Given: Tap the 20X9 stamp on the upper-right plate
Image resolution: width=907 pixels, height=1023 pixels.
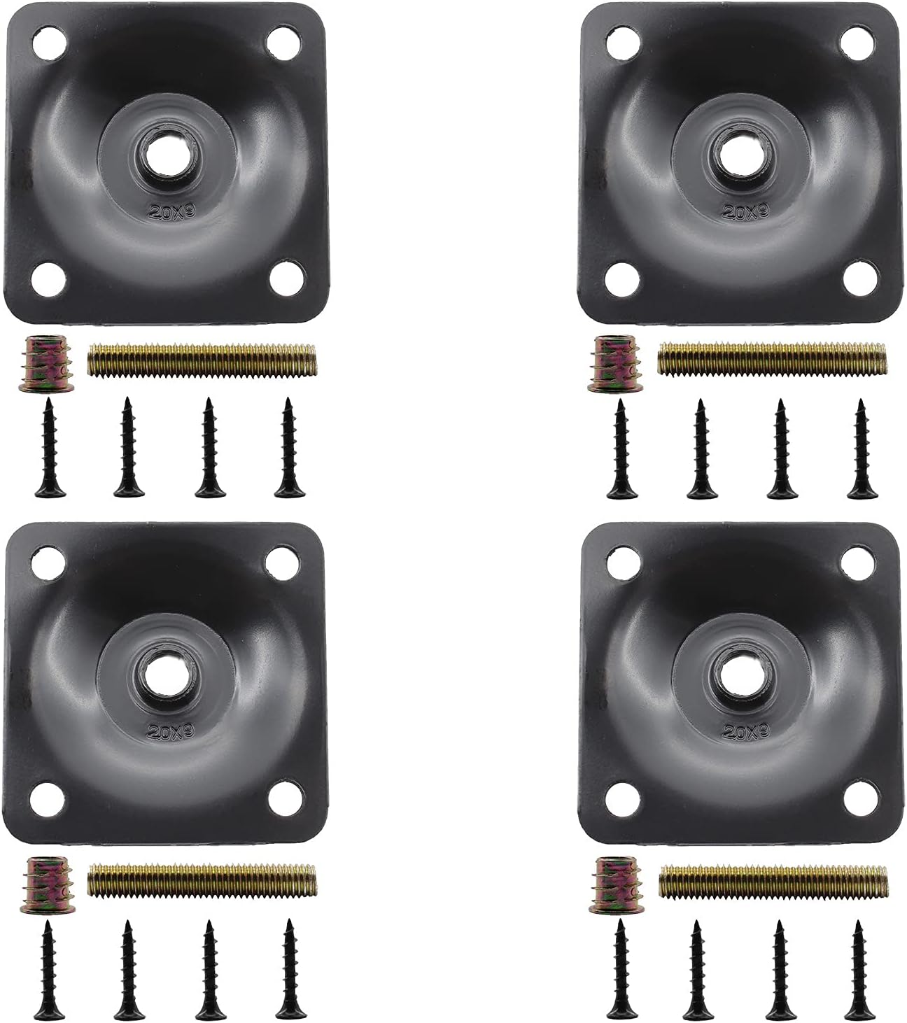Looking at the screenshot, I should coord(738,209).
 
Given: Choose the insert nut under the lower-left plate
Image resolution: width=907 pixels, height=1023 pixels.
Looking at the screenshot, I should coord(39,884).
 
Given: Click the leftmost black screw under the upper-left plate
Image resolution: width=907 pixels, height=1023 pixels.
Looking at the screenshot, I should coord(48,449).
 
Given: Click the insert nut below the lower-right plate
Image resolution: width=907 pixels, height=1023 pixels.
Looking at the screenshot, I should coord(607,884).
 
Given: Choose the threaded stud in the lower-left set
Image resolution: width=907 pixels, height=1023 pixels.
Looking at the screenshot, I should coord(202,882).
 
